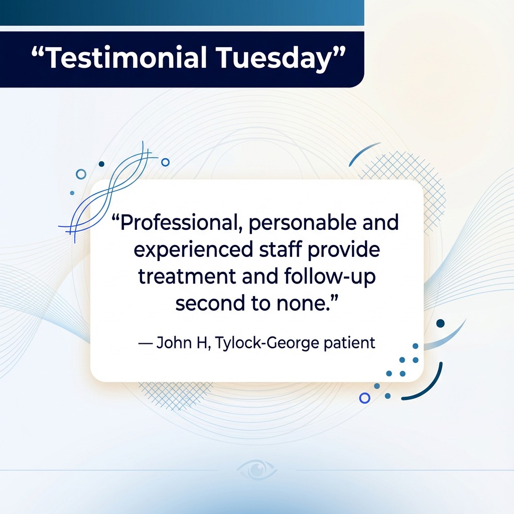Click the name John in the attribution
pyautogui.click(x=174, y=343)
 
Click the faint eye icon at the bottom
pyautogui.click(x=257, y=470)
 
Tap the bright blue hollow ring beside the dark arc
pyautogui.click(x=364, y=398)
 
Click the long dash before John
pyautogui.click(x=146, y=343)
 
